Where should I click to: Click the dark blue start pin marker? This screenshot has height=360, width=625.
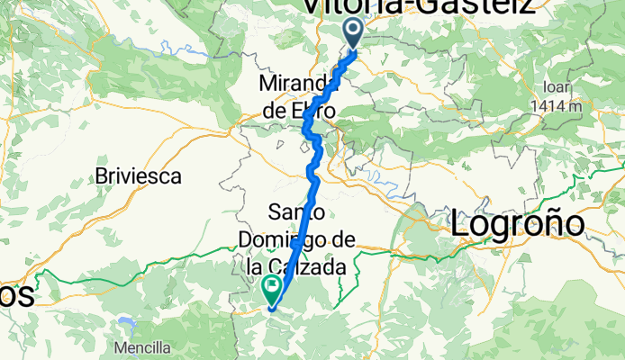coord(353,33)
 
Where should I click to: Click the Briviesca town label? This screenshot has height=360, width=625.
coord(139,175)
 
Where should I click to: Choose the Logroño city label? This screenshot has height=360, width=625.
coord(518,222)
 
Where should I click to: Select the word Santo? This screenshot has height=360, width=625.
coord(291,212)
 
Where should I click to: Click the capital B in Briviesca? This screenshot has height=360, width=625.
coord(101,175)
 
